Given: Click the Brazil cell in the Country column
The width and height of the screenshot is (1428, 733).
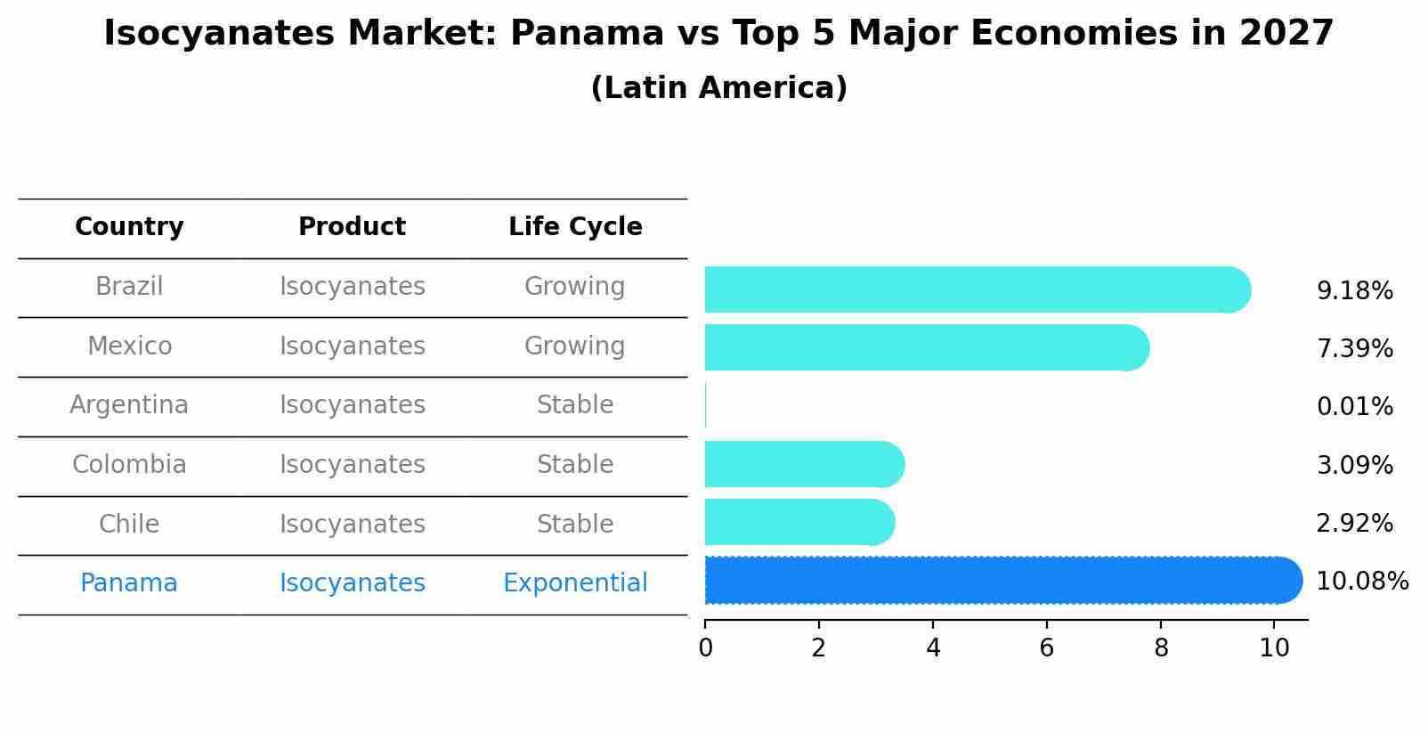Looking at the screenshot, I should pyautogui.click(x=129, y=287).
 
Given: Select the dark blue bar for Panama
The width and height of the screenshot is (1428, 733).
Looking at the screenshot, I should pyautogui.click(x=1002, y=581).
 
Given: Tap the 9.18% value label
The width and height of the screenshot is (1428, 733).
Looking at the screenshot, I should pyautogui.click(x=1354, y=291).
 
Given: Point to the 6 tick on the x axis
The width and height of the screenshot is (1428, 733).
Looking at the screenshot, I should pyautogui.click(x=1047, y=647).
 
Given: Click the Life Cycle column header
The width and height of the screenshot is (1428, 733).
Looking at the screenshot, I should pyautogui.click(x=575, y=227).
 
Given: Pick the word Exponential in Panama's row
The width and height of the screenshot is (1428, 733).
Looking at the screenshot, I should pyautogui.click(x=575, y=583).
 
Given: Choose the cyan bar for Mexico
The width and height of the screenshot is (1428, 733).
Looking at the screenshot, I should pyautogui.click(x=926, y=347).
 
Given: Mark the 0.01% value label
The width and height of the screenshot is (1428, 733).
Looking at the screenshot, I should pyautogui.click(x=1354, y=407).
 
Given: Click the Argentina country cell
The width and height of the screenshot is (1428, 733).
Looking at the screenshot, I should pyautogui.click(x=129, y=405).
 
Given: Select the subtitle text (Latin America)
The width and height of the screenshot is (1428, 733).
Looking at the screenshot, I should pyautogui.click(x=718, y=88).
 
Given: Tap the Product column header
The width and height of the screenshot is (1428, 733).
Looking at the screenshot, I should pyautogui.click(x=352, y=227).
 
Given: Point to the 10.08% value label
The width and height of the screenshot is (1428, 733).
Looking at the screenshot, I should pyautogui.click(x=1361, y=582).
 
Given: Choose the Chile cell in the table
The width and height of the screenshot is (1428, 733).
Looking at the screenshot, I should pyautogui.click(x=129, y=524).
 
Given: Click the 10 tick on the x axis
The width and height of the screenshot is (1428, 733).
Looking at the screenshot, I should pyautogui.click(x=1274, y=647).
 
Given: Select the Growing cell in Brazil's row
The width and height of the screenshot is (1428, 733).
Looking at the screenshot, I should pyautogui.click(x=575, y=287).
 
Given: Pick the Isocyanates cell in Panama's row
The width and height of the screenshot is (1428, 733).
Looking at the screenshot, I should pyautogui.click(x=352, y=583).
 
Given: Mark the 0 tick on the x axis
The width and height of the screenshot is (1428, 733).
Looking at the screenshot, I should pyautogui.click(x=705, y=647).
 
